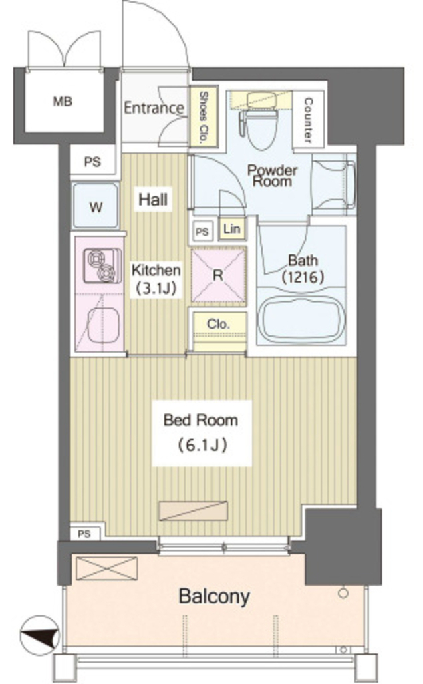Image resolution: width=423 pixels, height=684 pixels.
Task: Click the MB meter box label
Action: [x=62, y=102]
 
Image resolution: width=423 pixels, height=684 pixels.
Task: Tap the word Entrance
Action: [x=154, y=108]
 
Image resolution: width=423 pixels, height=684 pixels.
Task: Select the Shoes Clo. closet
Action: [x=203, y=117]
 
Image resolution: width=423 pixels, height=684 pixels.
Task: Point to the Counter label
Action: [x=308, y=120]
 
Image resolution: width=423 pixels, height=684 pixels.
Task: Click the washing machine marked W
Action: [x=96, y=206]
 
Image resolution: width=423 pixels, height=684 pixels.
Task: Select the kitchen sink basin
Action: [x=104, y=325]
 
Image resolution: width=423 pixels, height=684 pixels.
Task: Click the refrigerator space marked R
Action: [x=219, y=275]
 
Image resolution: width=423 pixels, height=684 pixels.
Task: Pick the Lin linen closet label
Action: [x=231, y=228]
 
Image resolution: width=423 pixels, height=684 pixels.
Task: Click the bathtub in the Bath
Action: [x=301, y=320]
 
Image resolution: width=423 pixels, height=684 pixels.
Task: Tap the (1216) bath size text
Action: [x=303, y=277]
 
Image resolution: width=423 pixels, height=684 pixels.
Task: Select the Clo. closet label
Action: [x=219, y=324]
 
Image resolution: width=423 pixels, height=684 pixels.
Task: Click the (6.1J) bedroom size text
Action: [x=202, y=445]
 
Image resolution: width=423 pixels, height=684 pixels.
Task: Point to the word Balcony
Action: [x=215, y=596]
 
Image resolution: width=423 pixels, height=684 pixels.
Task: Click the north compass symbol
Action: [x=39, y=635]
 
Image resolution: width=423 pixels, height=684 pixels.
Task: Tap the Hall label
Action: [x=153, y=199]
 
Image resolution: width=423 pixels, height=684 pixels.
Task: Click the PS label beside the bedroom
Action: [x=84, y=534]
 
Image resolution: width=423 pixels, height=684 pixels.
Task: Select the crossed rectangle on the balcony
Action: [x=106, y=568]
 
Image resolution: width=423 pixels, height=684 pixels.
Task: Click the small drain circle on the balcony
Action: [x=343, y=594]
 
